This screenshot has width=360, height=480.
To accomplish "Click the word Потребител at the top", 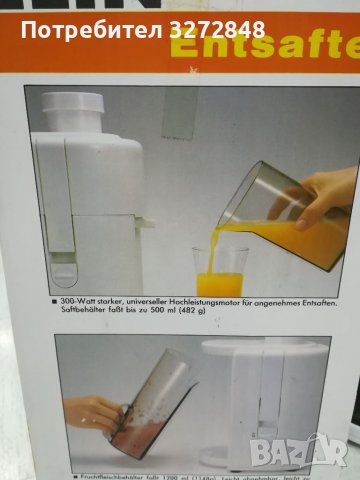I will click(x=95, y=28).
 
